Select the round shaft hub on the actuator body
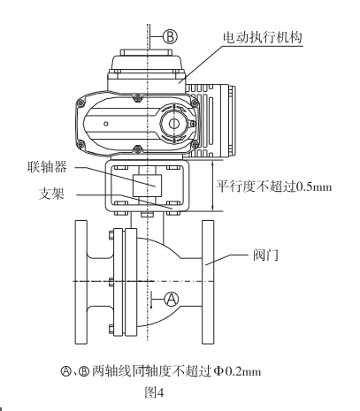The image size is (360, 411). tap(174, 125)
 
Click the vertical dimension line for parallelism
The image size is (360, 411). tap(213, 185)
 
